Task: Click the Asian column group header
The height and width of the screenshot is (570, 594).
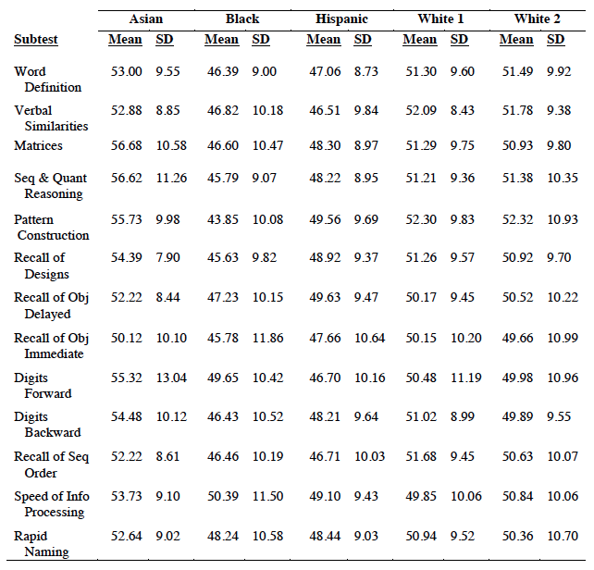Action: click(145, 19)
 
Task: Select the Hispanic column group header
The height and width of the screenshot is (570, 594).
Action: click(337, 19)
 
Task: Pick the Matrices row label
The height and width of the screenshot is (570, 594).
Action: click(38, 146)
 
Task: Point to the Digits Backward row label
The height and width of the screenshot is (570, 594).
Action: click(46, 425)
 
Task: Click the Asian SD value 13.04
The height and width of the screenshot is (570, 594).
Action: click(171, 378)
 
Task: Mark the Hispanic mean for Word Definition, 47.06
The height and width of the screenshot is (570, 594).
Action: click(323, 71)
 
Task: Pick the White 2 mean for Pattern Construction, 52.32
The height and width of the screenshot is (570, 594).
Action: click(516, 219)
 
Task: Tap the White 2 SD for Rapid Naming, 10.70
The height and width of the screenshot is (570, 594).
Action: click(563, 536)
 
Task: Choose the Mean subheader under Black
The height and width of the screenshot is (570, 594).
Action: click(221, 40)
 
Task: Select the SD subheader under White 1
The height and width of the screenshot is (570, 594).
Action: click(459, 40)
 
